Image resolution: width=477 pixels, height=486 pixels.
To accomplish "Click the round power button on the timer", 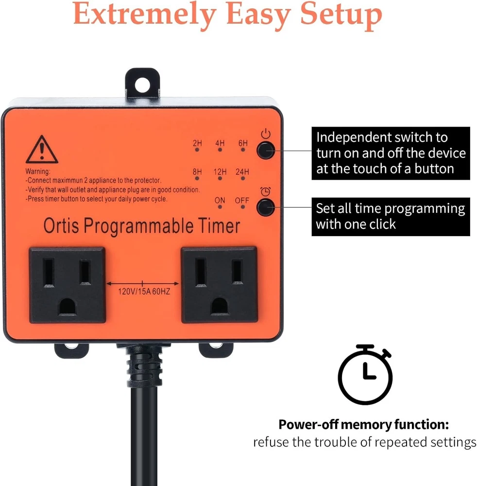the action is click(x=265, y=150).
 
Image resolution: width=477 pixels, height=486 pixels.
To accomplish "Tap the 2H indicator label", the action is click(x=197, y=143).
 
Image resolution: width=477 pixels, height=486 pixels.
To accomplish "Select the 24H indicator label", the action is click(x=242, y=172).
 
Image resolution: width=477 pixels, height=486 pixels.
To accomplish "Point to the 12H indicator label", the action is click(x=220, y=172).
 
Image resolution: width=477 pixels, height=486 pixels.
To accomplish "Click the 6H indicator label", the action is click(x=243, y=143).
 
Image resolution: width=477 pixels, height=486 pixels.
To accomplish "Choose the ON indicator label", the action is click(x=220, y=201).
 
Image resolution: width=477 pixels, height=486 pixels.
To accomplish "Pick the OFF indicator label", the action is click(x=242, y=201).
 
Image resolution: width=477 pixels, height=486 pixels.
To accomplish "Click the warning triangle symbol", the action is click(x=42, y=149).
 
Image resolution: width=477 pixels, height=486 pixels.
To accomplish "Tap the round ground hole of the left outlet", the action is click(x=68, y=307).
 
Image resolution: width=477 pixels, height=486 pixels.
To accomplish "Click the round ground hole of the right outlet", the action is click(x=219, y=306).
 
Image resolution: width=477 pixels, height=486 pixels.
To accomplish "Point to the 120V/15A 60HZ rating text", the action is click(x=144, y=291).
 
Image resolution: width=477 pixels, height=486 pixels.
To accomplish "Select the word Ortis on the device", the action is click(x=61, y=226).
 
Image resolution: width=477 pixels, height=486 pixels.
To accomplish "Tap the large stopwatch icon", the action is click(x=365, y=374).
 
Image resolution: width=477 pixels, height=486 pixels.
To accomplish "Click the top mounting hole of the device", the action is click(x=142, y=84).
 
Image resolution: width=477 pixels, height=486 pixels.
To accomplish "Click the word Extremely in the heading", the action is click(x=145, y=14).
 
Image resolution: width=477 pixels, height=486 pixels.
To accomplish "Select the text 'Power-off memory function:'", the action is click(x=364, y=424).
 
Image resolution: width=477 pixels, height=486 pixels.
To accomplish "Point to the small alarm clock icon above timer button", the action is click(x=265, y=191).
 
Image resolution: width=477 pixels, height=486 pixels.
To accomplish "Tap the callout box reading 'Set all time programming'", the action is click(x=391, y=217).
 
